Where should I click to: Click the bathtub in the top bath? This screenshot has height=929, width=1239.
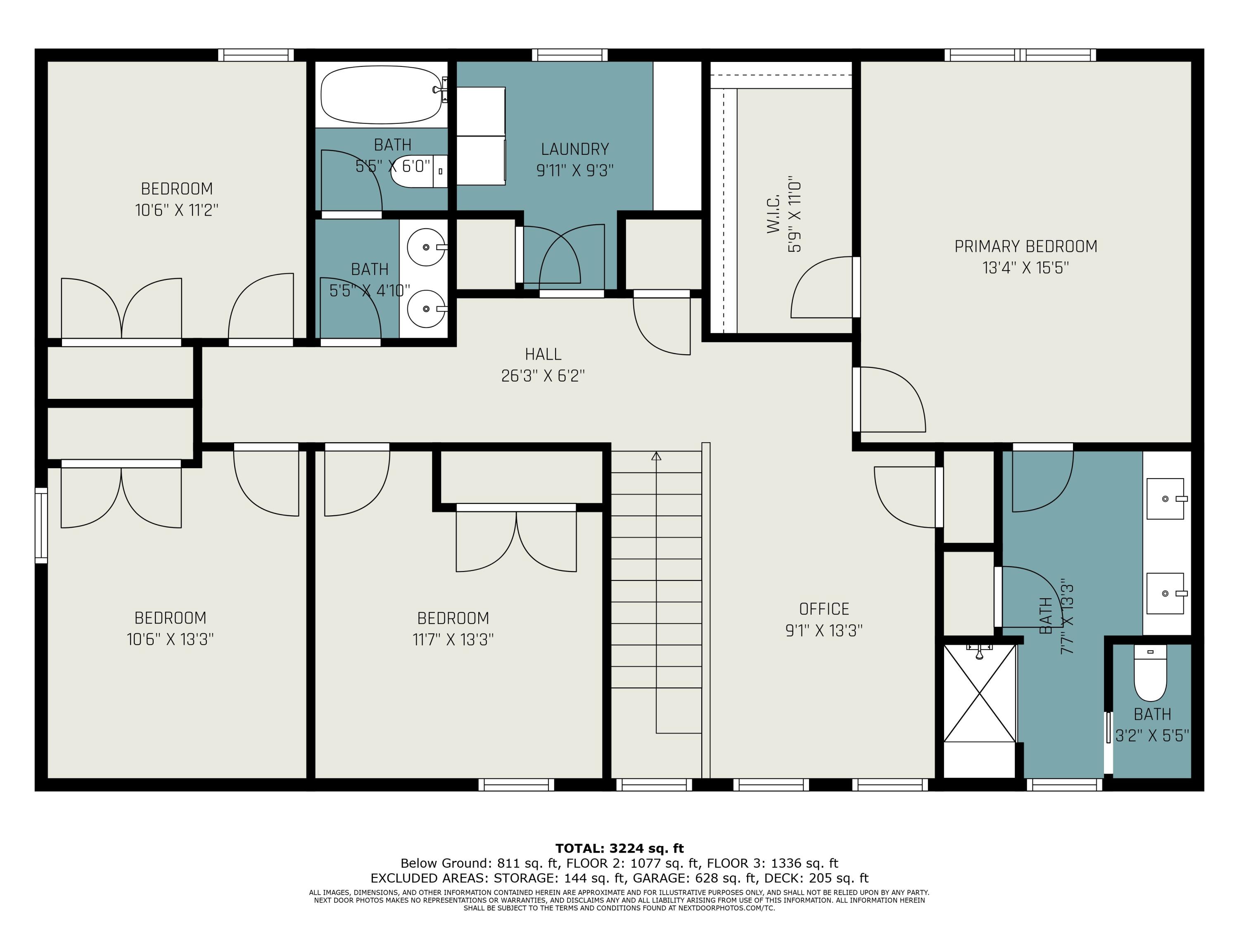coord(382,95)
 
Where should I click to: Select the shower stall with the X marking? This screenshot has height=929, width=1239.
coord(980,693)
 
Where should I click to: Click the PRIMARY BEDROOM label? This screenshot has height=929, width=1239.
coord(1025,246)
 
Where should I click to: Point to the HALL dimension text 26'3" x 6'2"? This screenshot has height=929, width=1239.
coord(543,375)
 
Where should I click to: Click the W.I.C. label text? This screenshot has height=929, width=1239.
coord(774,214)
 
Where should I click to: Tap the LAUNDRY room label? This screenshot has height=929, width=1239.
coord(575,149)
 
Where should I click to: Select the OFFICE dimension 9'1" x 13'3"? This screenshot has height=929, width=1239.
coord(824,630)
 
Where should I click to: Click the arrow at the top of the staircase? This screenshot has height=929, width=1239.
coord(657,456)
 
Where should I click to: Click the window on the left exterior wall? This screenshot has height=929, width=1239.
coord(41,525)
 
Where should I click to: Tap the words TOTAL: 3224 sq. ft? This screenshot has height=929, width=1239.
coord(619,848)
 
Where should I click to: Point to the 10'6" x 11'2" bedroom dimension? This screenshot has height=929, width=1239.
coord(176,210)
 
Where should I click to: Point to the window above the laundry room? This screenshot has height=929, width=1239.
coord(570,55)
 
